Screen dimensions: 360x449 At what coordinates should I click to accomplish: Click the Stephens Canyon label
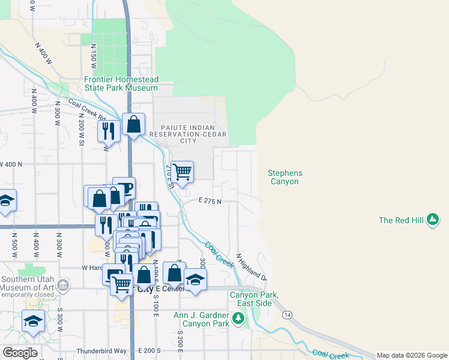pyautogui.click(x=285, y=177)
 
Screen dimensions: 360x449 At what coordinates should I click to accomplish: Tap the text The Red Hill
pyautogui.click(x=401, y=220)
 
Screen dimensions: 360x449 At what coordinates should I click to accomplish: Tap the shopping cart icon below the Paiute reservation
pyautogui.click(x=182, y=172)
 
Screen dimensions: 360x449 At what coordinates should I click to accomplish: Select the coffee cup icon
pyautogui.click(x=124, y=188)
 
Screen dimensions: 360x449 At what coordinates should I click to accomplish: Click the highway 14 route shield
pyautogui.click(x=288, y=314)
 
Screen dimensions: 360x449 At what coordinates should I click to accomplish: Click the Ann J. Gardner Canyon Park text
pyautogui.click(x=201, y=319)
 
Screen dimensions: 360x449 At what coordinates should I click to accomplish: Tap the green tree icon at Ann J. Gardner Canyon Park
pyautogui.click(x=240, y=319)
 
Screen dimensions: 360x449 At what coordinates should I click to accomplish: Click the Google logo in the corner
pyautogui.click(x=19, y=353)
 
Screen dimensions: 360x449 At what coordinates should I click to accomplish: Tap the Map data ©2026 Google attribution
pyautogui.click(x=412, y=355)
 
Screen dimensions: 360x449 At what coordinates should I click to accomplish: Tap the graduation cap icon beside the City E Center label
pyautogui.click(x=196, y=279)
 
